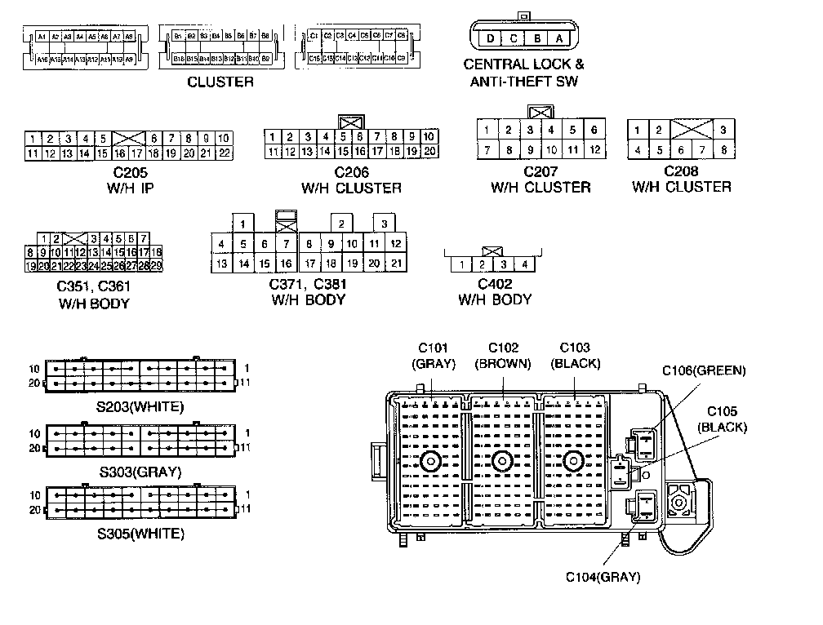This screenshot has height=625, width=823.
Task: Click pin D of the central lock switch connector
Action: coord(490,38)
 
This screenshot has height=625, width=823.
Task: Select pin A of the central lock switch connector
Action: coord(559,38)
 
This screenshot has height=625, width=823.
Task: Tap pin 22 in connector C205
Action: coord(225,153)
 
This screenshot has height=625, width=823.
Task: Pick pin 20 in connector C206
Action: coord(429,151)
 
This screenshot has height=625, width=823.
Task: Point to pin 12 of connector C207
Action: coord(594,150)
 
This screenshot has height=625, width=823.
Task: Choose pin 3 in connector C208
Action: coord(723,130)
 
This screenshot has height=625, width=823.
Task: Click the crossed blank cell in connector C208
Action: coord(691,130)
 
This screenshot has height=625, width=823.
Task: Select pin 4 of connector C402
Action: coord(525,264)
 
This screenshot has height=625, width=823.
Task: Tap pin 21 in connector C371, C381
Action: coord(395,263)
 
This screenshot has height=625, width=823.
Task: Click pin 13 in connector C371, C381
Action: coord(221,263)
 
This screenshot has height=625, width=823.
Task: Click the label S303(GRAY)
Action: coord(140,472)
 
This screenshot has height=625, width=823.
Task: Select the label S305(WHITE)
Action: coord(141,534)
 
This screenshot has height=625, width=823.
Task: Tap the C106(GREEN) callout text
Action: coord(704,371)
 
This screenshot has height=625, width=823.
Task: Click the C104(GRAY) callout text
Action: coord(603,577)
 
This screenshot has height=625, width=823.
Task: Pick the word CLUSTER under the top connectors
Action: coord(220,82)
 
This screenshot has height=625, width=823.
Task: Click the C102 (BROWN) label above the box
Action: coord(504,355)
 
